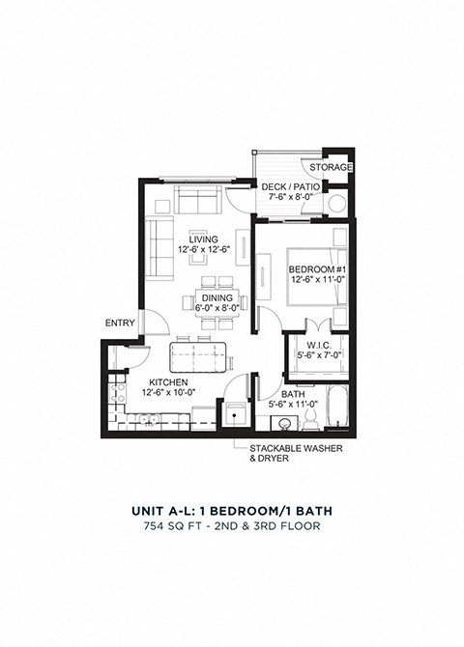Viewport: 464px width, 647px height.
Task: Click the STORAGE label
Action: click(x=332, y=167)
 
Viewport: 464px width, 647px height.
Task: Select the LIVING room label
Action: click(x=202, y=239)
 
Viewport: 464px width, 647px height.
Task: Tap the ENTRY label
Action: click(x=119, y=323)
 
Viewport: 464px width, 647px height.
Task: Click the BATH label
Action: click(x=293, y=394)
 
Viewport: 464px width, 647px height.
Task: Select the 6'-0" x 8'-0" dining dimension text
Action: click(x=217, y=309)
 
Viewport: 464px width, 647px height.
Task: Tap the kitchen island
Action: click(x=200, y=357)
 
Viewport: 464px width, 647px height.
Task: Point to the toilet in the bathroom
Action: click(x=311, y=417)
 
